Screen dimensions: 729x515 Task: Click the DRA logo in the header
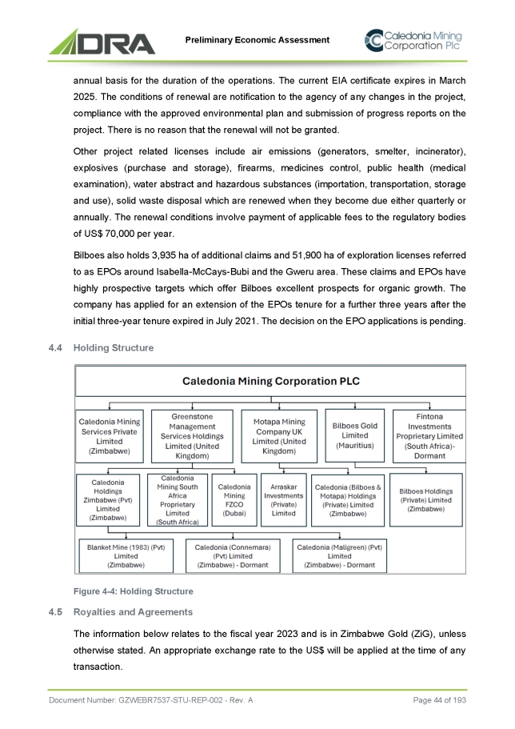point(102,41)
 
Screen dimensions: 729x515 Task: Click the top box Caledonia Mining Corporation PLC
point(270,381)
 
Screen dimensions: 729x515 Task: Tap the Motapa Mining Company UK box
point(279,435)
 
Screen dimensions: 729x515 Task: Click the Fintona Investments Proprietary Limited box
point(430,435)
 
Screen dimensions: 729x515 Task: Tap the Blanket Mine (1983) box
point(126,555)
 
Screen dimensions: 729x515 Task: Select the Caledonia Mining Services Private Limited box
point(110,435)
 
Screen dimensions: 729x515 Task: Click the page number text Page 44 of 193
point(440,701)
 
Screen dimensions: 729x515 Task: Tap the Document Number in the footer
point(151,701)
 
